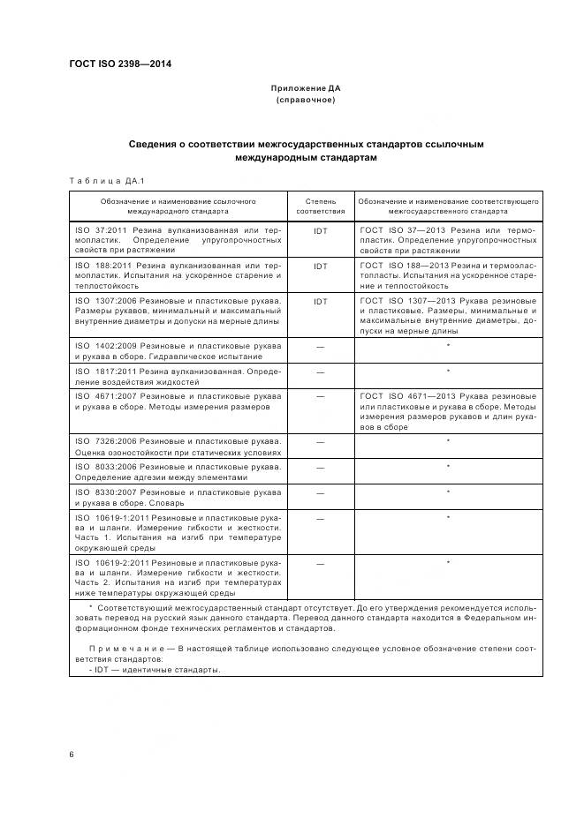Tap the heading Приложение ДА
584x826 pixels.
click(305, 89)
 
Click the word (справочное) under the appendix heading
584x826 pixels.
click(305, 100)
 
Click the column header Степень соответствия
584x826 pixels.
click(321, 206)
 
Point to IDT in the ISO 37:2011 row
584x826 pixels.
click(321, 230)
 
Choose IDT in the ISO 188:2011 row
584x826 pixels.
click(321, 265)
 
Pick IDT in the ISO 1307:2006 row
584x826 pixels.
click(321, 301)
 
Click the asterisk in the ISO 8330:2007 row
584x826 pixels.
click(449, 492)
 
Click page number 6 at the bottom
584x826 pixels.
click(72, 754)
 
